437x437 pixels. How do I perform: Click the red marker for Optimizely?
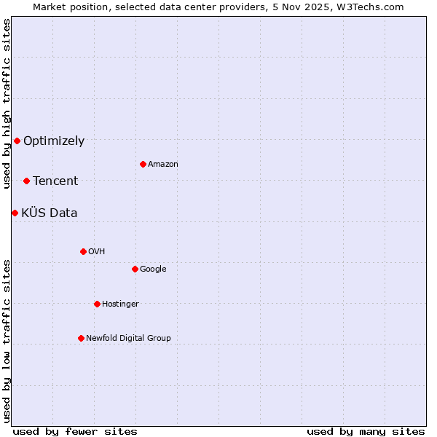pyautogui.click(x=17, y=141)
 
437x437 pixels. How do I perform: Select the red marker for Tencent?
pyautogui.click(x=26, y=181)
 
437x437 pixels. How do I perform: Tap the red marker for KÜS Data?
pyautogui.click(x=15, y=213)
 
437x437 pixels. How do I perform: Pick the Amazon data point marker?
pyautogui.click(x=143, y=164)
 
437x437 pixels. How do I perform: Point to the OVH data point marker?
pyautogui.click(x=83, y=251)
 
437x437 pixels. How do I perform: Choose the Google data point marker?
pyautogui.click(x=135, y=269)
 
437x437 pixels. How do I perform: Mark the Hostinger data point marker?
pyautogui.click(x=97, y=304)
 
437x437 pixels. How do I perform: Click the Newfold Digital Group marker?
pyautogui.click(x=81, y=338)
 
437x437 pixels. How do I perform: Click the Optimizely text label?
pyautogui.click(x=54, y=141)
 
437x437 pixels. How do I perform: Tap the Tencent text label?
pyautogui.click(x=55, y=181)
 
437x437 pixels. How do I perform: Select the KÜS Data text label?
pyautogui.click(x=50, y=213)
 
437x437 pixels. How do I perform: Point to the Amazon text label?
pyautogui.click(x=163, y=165)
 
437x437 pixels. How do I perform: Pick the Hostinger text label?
pyautogui.click(x=120, y=304)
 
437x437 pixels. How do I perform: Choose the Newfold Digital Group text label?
pyautogui.click(x=128, y=339)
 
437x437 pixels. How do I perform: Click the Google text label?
pyautogui.click(x=153, y=269)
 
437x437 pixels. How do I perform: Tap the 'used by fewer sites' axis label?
pyautogui.click(x=75, y=431)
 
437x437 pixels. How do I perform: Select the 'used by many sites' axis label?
pyautogui.click(x=366, y=431)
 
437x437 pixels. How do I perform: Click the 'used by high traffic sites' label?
pyautogui.click(x=7, y=103)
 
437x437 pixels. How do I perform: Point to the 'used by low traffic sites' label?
pyautogui.click(x=7, y=341)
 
